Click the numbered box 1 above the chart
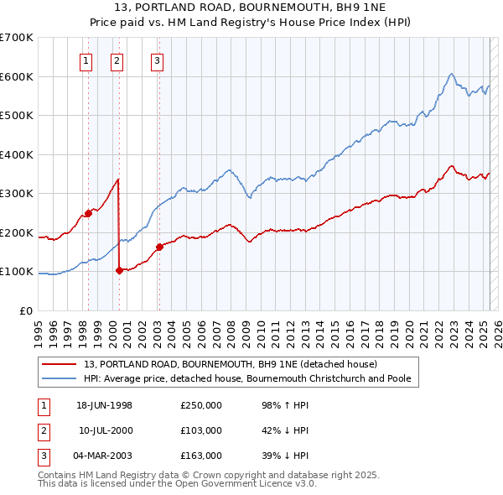click(87, 60)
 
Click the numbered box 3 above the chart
click(157, 60)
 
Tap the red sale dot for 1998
click(88, 213)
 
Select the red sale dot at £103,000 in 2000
click(119, 270)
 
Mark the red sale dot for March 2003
click(158, 247)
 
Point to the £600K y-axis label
click(17, 76)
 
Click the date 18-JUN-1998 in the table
click(104, 405)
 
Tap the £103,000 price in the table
click(201, 430)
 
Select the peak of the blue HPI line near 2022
click(451, 74)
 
